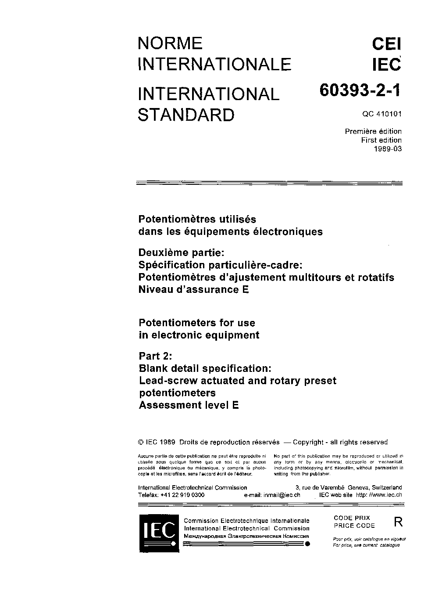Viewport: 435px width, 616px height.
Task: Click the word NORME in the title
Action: [170, 43]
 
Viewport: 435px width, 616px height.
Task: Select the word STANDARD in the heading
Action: [186, 115]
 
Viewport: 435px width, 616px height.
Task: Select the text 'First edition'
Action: [381, 140]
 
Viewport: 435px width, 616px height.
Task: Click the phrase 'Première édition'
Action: [373, 131]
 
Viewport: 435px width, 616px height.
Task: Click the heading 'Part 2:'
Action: [156, 356]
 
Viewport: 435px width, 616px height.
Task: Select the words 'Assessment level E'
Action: [189, 405]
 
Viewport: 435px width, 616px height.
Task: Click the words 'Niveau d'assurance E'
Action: [194, 289]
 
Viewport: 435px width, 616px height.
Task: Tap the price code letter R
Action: [398, 522]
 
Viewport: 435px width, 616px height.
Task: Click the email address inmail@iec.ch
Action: [282, 494]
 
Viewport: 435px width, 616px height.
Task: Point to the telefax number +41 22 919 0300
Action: [182, 494]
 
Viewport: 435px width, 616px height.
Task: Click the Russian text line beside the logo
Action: [246, 536]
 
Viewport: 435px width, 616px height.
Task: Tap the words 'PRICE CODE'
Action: [354, 526]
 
